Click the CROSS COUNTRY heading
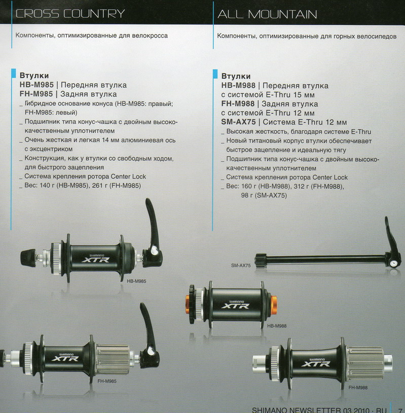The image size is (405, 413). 70,14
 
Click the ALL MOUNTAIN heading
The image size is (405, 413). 267,14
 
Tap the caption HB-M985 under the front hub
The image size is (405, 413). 136,281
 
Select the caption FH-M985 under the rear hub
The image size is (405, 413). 107,381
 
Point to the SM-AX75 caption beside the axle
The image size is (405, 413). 241,266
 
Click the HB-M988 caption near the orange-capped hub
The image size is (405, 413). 277,326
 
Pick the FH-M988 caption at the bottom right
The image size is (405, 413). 358,388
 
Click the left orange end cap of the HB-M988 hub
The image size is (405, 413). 188,304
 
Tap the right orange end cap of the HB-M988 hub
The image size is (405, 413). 274,305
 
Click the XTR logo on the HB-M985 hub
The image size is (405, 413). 95,259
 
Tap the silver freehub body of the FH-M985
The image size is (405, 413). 113,359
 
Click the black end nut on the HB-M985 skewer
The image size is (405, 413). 28,257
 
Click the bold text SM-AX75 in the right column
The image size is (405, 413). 238,122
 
